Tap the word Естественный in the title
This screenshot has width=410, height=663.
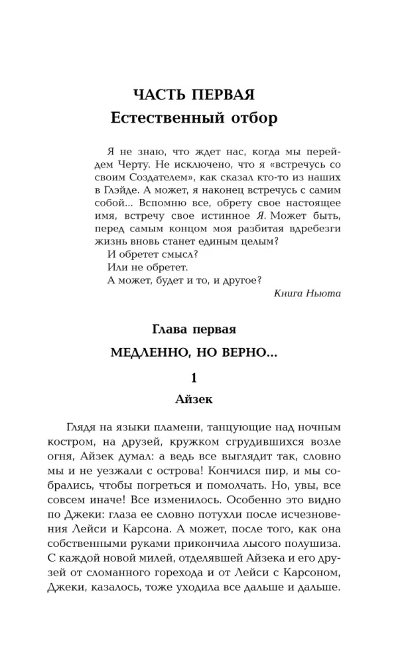165,119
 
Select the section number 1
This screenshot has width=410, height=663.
194,379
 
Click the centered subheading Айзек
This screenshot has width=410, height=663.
194,400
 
